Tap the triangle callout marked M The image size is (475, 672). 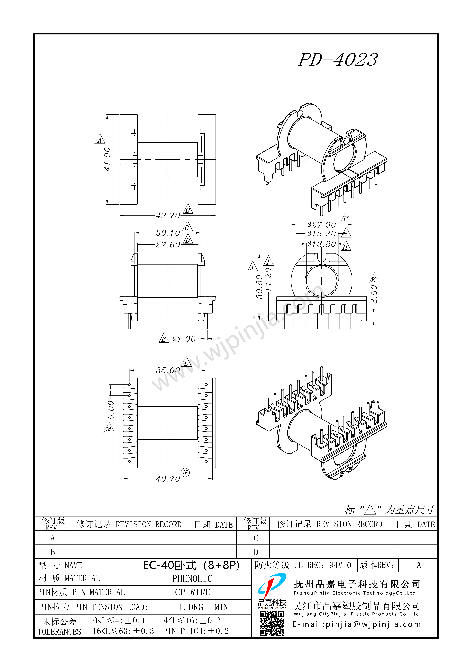click(x=109, y=428)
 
